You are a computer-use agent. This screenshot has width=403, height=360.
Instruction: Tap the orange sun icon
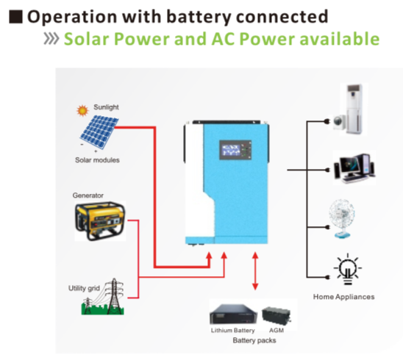[x=83, y=112]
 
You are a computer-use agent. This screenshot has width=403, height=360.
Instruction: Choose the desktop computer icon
[x=352, y=168]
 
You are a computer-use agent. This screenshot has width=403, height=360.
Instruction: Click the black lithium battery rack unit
[x=233, y=314]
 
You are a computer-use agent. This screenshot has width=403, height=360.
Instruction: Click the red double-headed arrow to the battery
[x=254, y=272]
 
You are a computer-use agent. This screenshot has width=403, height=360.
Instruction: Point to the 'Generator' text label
[x=88, y=195]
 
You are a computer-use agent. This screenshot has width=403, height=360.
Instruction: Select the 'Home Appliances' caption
[x=343, y=297]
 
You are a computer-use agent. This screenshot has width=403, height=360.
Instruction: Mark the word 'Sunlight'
[x=107, y=107]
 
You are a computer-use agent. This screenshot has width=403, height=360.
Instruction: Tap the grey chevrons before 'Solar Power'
[x=51, y=39]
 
